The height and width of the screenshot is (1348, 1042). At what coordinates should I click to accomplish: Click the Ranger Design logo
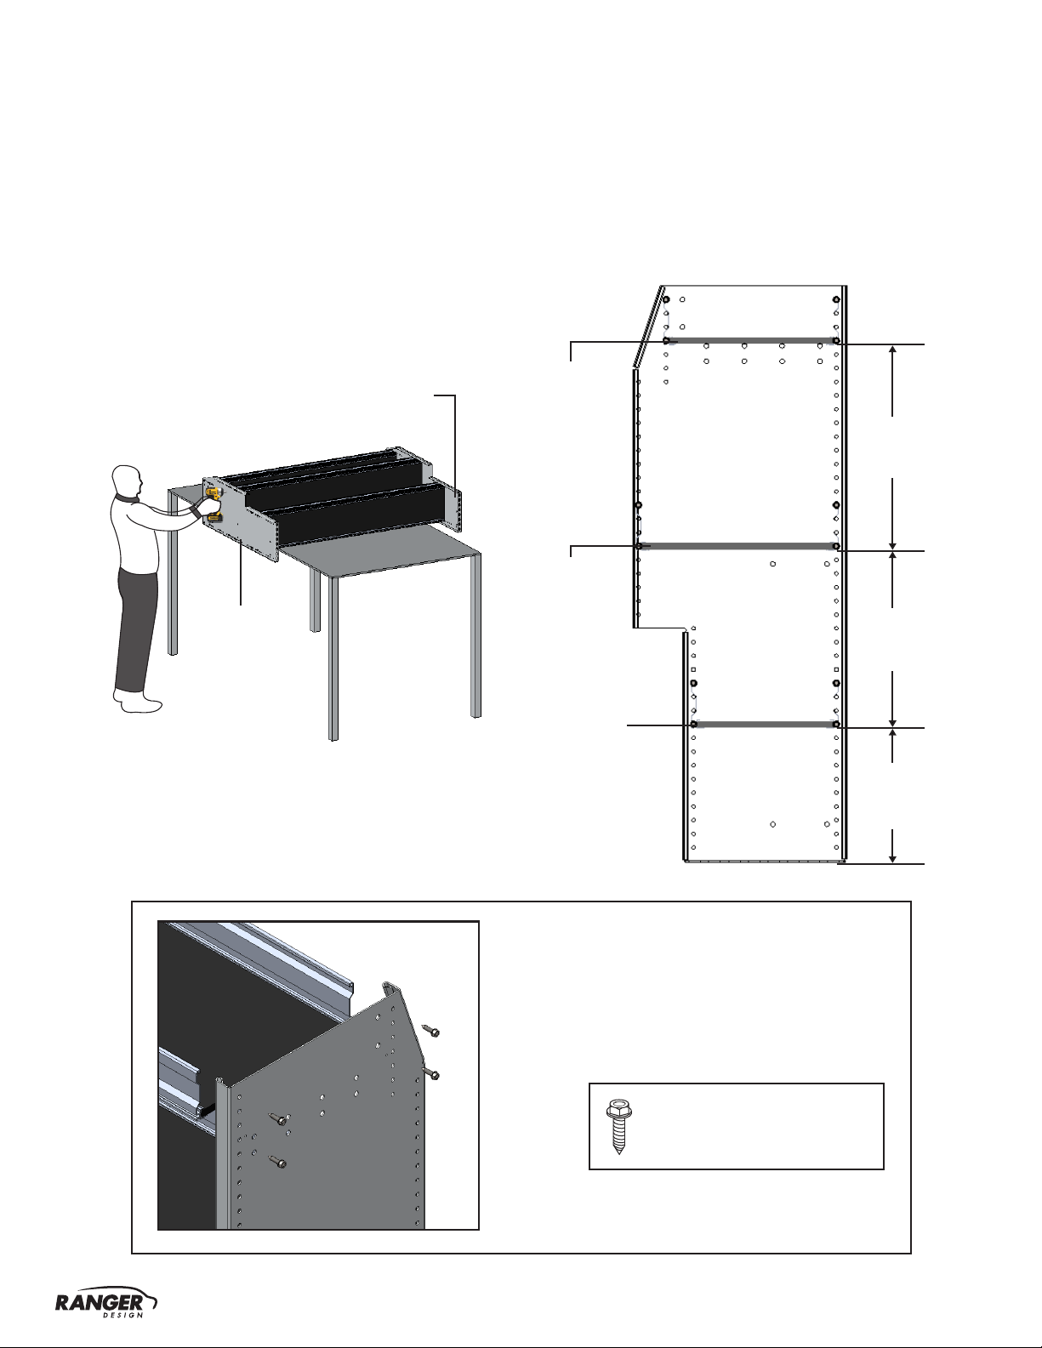pos(106,1303)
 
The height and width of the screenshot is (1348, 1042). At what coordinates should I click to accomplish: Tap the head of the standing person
pos(127,481)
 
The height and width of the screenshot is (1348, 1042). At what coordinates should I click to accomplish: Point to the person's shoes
pos(139,702)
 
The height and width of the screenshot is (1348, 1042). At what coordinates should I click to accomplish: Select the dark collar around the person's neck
pos(127,498)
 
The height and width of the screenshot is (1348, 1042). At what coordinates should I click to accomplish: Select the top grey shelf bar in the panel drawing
pos(751,340)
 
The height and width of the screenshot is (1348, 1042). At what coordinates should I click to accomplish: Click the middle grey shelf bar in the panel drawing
pos(737,546)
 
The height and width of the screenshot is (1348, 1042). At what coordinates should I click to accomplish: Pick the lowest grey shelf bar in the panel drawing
pos(765,724)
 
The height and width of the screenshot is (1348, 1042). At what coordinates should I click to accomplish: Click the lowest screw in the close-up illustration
pos(277,1161)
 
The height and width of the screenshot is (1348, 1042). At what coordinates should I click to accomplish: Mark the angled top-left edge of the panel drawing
pos(647,327)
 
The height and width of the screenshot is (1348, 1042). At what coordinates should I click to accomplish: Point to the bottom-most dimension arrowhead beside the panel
pos(892,857)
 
